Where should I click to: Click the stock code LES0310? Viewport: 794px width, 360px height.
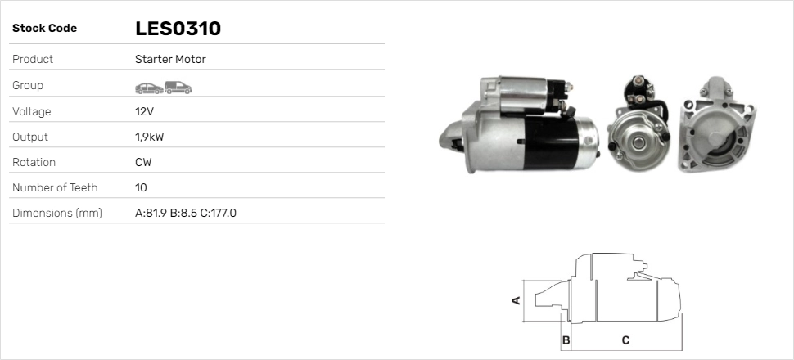pyautogui.click(x=178, y=29)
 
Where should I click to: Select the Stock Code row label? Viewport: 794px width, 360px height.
pyautogui.click(x=44, y=29)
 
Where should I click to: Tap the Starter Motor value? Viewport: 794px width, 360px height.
pyautogui.click(x=170, y=59)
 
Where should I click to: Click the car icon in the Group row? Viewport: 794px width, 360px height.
pyautogui.click(x=149, y=88)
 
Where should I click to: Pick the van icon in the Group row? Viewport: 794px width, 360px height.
pyautogui.click(x=178, y=88)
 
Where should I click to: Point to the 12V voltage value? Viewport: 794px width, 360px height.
pyautogui.click(x=144, y=111)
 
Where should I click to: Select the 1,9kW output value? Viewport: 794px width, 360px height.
pyautogui.click(x=149, y=137)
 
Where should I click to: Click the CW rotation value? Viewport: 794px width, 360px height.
pyautogui.click(x=143, y=162)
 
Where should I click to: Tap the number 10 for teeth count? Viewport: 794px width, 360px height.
pyautogui.click(x=141, y=188)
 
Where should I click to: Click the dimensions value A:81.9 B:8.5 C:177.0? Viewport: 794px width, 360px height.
pyautogui.click(x=186, y=214)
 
